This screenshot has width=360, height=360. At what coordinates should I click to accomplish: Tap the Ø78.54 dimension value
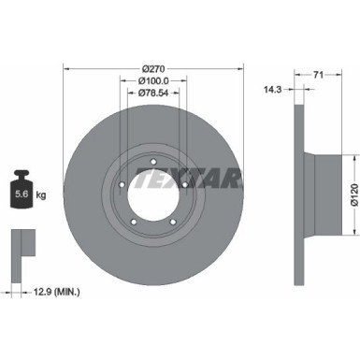point(154,93)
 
